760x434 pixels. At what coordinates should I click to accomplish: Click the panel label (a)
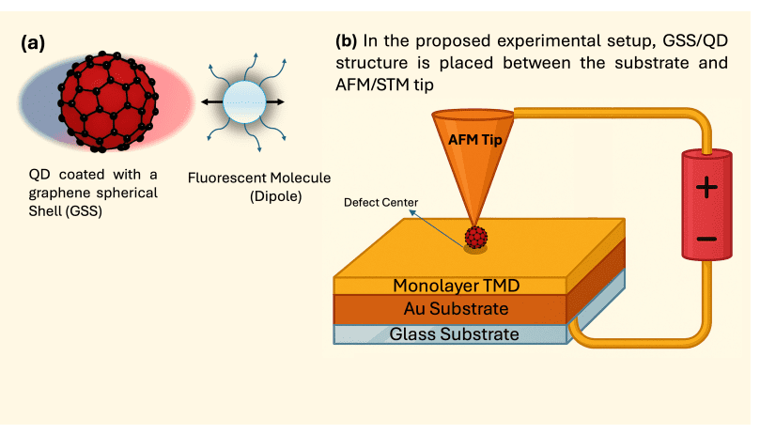tap(36, 42)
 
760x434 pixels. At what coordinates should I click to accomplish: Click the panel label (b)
tap(348, 42)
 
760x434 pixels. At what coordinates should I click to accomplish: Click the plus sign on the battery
tap(706, 189)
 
